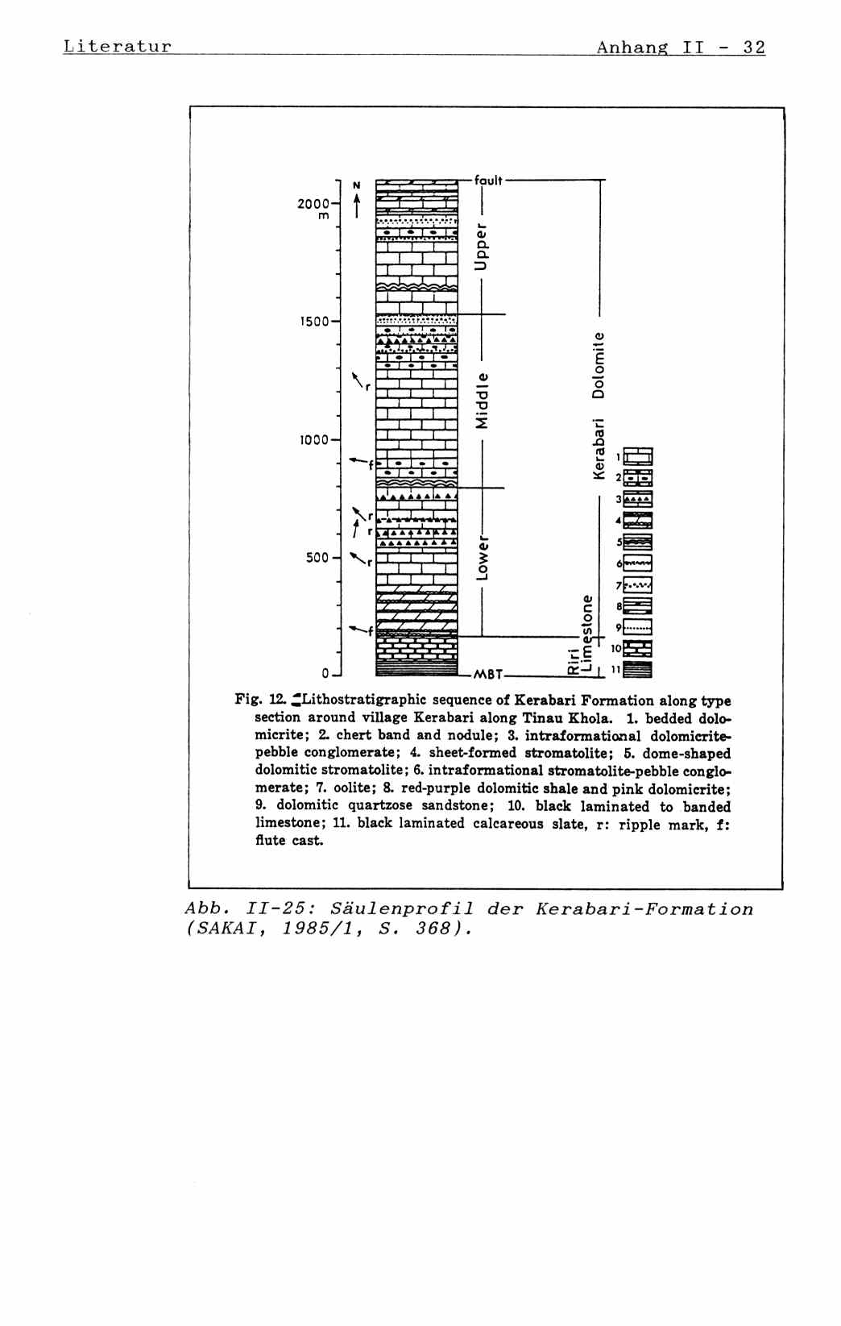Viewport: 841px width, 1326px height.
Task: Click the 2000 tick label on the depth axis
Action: point(313,204)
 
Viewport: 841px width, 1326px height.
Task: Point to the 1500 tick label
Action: point(315,322)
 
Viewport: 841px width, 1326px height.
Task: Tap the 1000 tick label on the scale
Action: point(315,440)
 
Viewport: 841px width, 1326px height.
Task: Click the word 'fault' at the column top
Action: point(488,181)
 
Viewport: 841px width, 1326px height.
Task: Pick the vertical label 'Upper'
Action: point(482,246)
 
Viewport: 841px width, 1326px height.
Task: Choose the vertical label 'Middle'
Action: point(482,401)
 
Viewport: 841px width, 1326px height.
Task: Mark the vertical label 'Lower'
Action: point(482,555)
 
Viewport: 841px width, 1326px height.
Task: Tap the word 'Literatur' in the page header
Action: point(118,46)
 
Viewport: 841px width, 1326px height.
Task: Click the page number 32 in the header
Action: point(754,48)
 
